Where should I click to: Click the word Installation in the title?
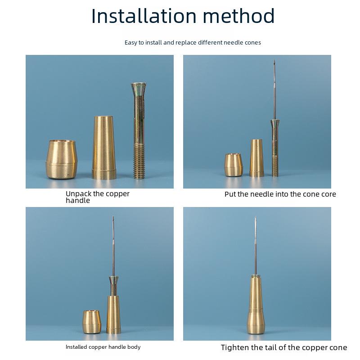point(144,16)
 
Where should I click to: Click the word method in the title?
point(239,16)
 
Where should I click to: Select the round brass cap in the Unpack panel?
point(62,159)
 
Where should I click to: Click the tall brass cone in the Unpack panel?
point(104,148)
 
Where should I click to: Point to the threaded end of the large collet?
point(139,161)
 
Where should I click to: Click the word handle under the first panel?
point(77,201)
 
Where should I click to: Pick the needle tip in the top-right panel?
point(274,61)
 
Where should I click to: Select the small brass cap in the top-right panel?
point(234,165)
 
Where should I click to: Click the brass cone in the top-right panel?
point(256,158)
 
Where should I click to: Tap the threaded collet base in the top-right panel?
point(275,166)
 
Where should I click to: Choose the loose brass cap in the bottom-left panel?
point(92,322)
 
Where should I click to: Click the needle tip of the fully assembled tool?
point(255,217)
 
